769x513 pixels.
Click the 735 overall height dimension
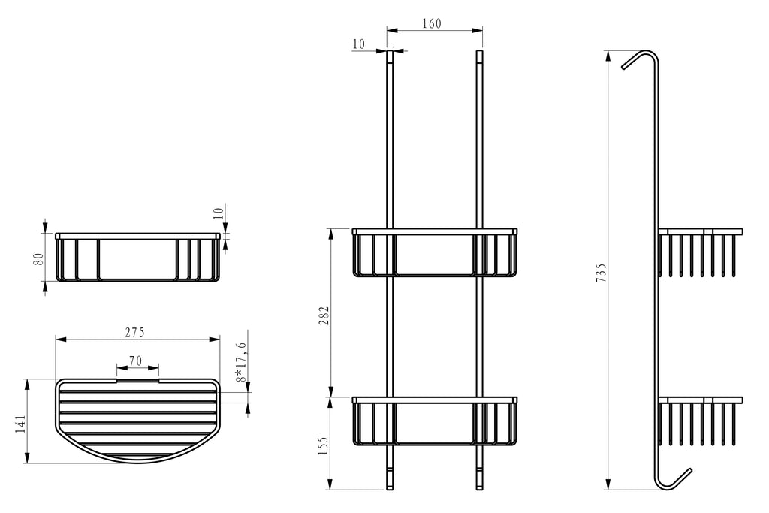(601, 273)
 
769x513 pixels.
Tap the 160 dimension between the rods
(432, 23)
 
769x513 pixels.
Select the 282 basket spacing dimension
(324, 316)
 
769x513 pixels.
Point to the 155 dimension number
(324, 446)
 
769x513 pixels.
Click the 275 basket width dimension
(135, 333)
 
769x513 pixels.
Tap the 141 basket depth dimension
(20, 424)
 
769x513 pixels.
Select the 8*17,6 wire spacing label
(241, 363)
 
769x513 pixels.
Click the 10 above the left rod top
(358, 44)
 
